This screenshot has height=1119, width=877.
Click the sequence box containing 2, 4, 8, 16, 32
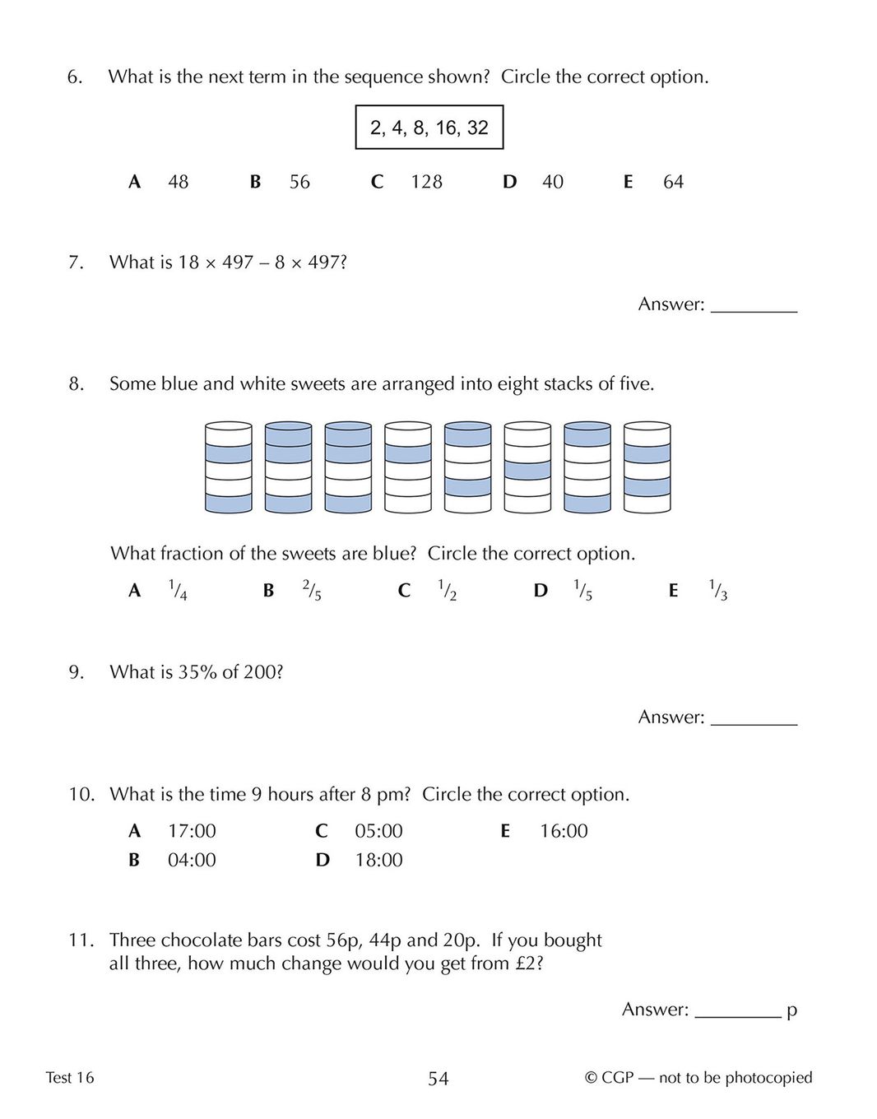429,128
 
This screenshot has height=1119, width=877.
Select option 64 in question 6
673,182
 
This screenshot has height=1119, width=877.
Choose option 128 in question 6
426,182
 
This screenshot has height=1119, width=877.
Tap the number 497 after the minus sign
324,262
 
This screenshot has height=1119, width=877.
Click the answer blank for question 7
754,305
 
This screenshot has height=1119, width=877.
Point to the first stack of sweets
229,467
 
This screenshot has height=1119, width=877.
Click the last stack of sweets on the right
647,467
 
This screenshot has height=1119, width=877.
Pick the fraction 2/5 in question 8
312,590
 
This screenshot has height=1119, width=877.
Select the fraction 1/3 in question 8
718,590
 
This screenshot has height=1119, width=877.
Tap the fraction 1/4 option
178,590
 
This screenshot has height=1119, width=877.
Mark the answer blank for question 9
754,717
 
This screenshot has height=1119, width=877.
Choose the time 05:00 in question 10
378,831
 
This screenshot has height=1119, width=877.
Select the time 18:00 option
378,861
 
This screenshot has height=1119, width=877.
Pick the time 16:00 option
564,831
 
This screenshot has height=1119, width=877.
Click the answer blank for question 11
738,1010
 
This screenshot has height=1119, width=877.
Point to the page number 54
438,1079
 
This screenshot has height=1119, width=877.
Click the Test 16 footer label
70,1078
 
